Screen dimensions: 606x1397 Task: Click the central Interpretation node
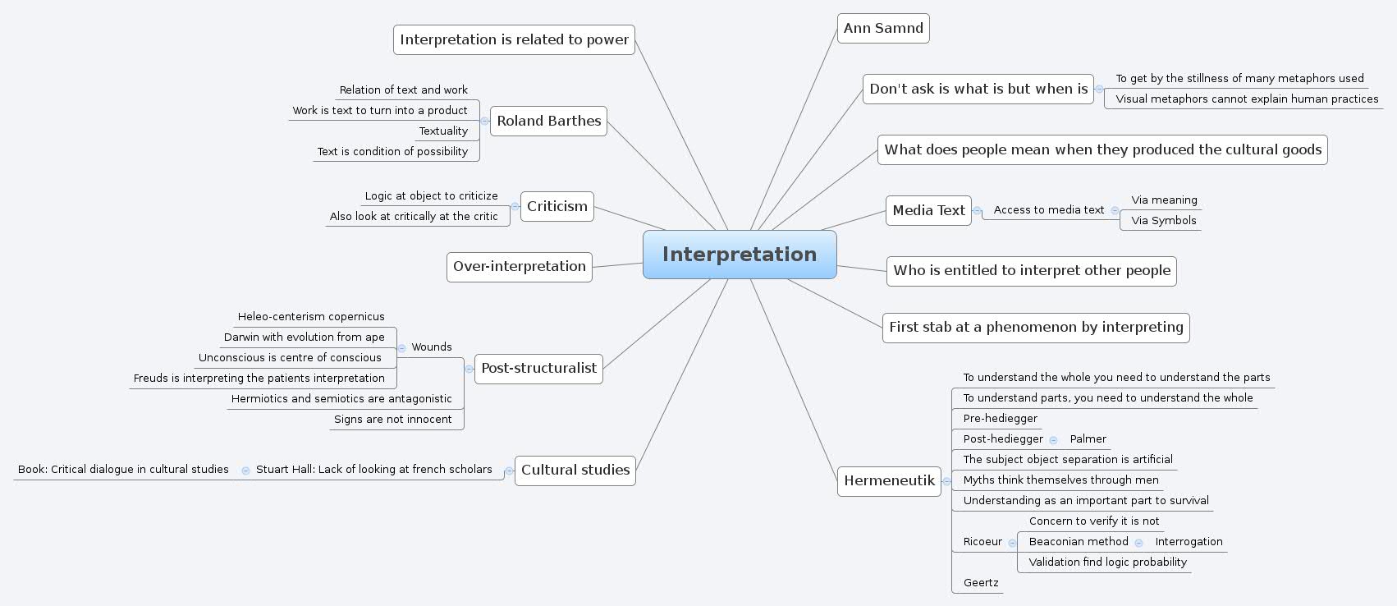[739, 255]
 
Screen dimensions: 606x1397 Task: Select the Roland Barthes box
[548, 121]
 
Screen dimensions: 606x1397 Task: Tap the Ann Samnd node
[883, 28]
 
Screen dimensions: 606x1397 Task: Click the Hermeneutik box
[889, 480]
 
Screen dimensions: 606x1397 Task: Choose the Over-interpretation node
[519, 266]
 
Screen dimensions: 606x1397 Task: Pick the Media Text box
[928, 210]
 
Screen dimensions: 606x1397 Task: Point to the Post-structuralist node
[538, 368]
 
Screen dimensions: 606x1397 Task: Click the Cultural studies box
[575, 470]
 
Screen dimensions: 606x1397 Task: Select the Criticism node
[557, 206]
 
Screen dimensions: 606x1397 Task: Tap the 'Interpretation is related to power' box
[514, 39]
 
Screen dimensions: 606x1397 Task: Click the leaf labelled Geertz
[981, 582]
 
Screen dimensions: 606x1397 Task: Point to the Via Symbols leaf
[1163, 220]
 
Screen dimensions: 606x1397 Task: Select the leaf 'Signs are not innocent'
[392, 419]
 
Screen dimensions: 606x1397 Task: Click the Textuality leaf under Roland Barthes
[443, 131]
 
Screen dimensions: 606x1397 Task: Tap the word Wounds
[432, 347]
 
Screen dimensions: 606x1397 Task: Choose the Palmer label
[1088, 438]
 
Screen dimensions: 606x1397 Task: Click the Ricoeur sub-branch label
[982, 541]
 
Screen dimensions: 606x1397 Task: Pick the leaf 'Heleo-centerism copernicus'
[311, 316]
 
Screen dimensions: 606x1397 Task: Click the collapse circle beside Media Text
[977, 211]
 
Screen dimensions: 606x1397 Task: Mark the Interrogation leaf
[1189, 541]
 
